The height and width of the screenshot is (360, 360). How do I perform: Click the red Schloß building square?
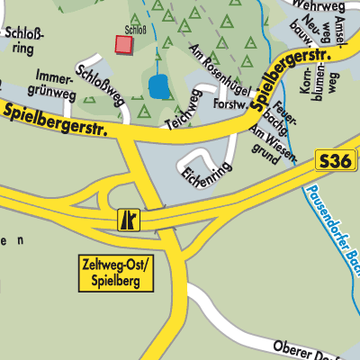pos(122,44)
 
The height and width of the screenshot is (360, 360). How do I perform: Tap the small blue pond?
pos(158,87)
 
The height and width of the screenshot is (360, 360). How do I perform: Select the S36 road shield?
pos(334,162)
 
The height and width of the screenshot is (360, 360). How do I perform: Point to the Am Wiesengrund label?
pos(272,144)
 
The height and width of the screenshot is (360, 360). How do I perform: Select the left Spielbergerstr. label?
pos(56,119)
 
